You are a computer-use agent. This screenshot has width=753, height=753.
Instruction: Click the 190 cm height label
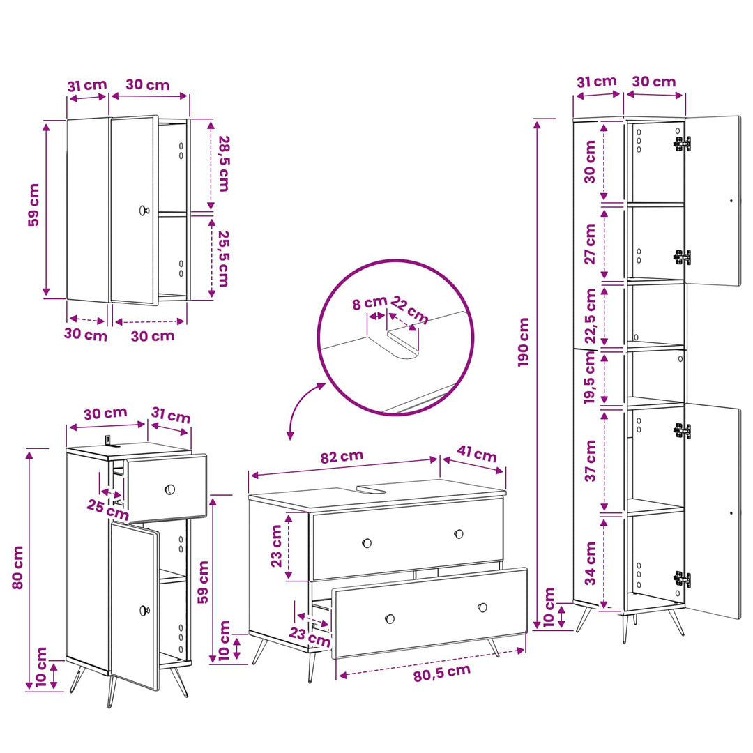tap(524, 342)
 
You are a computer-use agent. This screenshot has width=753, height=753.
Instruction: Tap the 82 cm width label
tap(342, 456)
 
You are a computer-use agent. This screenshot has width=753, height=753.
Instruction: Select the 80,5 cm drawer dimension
tap(442, 673)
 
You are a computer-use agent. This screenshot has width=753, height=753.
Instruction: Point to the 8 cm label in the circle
tap(370, 303)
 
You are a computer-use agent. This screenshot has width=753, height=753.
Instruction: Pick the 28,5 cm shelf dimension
tap(225, 163)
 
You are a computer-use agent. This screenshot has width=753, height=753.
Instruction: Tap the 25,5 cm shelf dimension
tap(224, 259)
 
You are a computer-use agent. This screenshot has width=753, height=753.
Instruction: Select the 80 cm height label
tap(17, 567)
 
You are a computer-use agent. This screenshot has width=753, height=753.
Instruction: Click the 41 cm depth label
tap(476, 453)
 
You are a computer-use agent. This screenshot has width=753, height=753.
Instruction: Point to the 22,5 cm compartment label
tap(591, 316)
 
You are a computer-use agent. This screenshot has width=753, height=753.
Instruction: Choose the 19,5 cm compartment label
tap(591, 377)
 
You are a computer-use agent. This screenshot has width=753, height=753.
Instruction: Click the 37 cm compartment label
tap(591, 461)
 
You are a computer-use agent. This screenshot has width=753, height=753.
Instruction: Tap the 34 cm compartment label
tap(591, 563)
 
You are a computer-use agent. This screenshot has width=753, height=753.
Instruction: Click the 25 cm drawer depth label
tap(108, 510)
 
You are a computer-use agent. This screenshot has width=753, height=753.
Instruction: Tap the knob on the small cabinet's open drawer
tap(169, 489)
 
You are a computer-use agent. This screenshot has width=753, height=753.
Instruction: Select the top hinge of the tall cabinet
tap(682, 143)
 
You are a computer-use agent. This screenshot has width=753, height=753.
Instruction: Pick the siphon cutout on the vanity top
tap(372, 488)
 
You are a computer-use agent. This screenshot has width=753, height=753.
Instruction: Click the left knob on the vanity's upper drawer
tap(367, 543)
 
